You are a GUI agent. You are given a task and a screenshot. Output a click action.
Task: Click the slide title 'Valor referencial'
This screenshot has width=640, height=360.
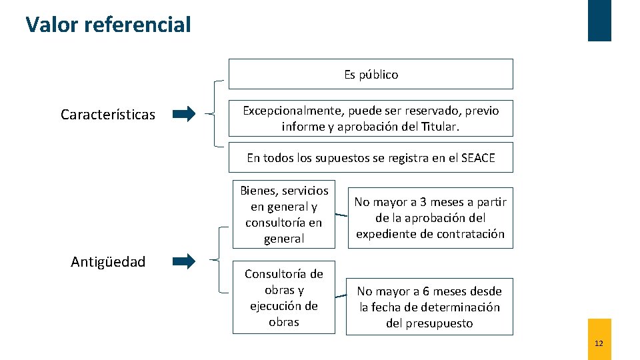click(x=108, y=25)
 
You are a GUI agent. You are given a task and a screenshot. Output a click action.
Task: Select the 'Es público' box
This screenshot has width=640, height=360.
click(x=371, y=74)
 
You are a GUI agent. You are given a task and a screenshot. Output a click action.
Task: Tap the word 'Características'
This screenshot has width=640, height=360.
click(x=108, y=115)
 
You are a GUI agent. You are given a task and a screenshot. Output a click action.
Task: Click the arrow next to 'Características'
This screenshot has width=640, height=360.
click(x=184, y=114)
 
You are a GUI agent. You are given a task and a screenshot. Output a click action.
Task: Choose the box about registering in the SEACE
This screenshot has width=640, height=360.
click(x=371, y=157)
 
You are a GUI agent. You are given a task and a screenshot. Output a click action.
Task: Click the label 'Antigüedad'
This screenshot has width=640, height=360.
click(x=108, y=262)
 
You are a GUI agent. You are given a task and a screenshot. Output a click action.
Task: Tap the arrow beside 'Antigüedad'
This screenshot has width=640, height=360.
click(x=184, y=261)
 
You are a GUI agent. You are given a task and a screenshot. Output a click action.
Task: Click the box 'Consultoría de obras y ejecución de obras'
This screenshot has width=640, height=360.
click(x=284, y=298)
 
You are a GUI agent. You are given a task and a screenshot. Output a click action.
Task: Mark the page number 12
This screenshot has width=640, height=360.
click(x=599, y=343)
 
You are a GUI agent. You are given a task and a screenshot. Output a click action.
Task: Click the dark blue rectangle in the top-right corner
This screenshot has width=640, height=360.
click(x=599, y=20)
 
